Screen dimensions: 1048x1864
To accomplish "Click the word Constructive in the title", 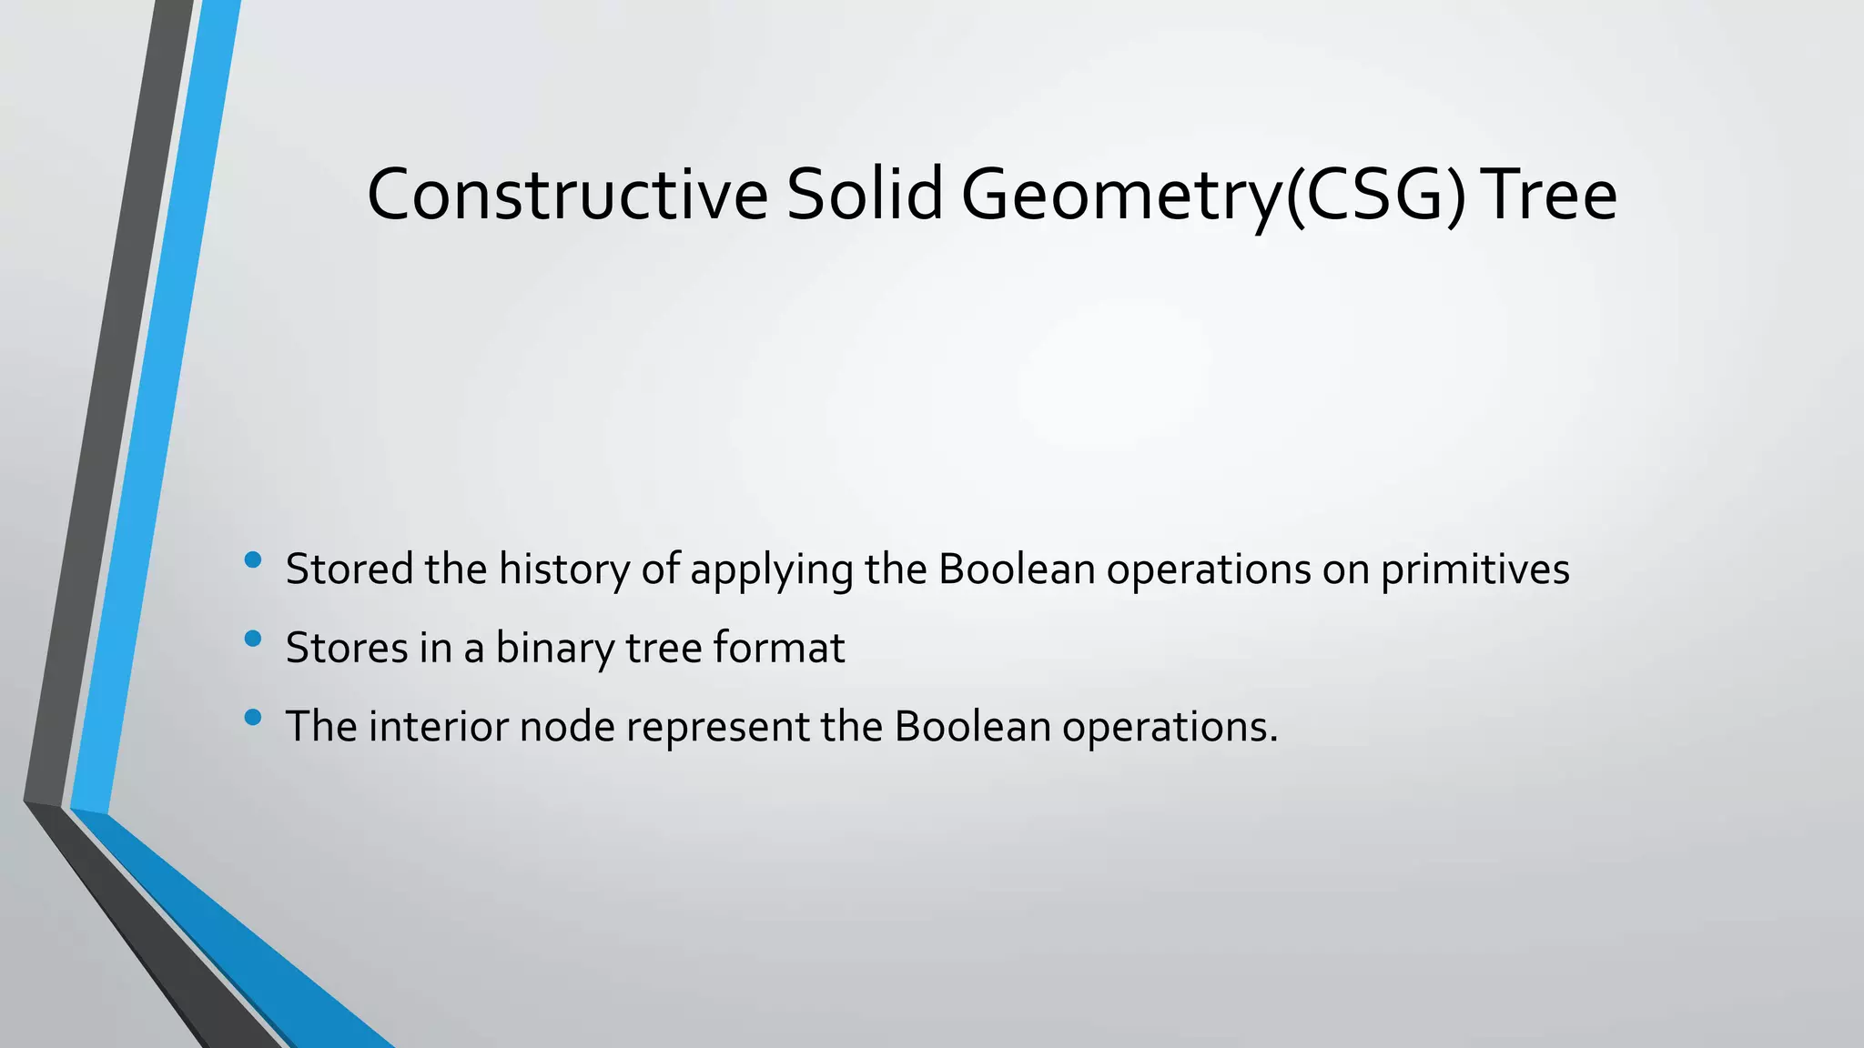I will (x=567, y=195).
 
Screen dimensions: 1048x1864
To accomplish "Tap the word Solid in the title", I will (x=865, y=195).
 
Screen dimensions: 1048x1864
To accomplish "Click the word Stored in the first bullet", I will (x=349, y=569).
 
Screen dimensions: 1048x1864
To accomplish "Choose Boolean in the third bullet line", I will (x=973, y=727).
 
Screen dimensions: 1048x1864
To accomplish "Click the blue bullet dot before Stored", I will (x=253, y=560).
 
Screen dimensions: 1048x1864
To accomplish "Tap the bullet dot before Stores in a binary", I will (x=253, y=640).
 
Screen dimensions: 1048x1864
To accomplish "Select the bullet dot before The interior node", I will (x=253, y=718).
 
